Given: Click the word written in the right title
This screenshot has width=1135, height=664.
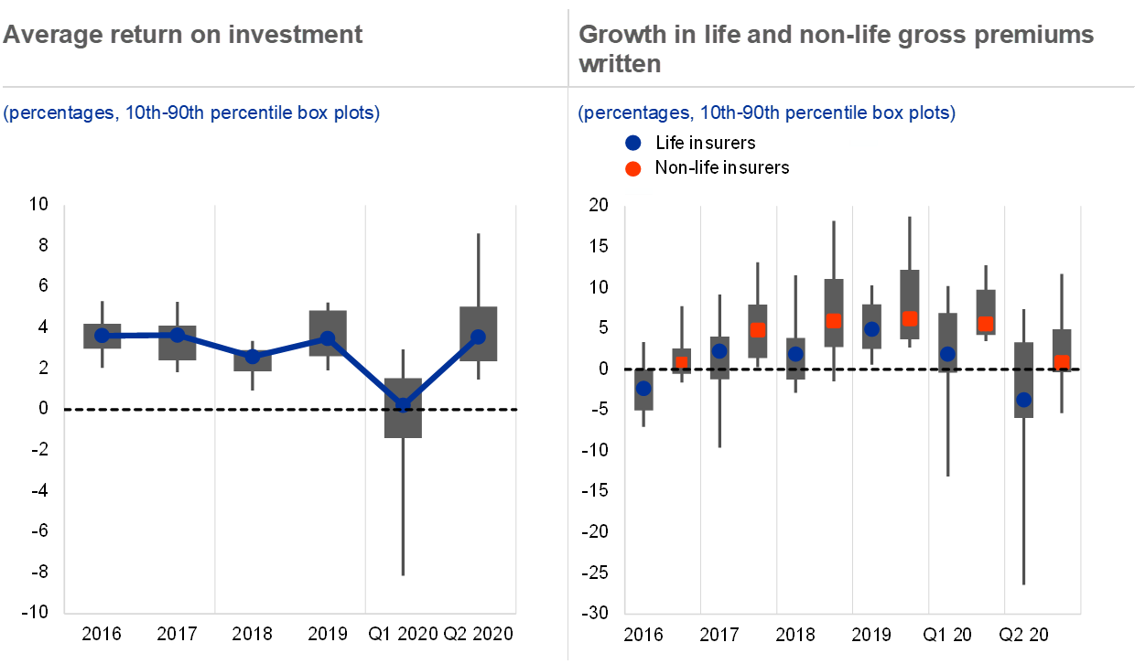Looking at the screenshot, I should point(620,64).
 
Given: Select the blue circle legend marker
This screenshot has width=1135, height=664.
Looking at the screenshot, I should point(632,143).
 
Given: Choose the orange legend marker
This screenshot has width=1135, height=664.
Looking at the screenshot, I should point(632,169).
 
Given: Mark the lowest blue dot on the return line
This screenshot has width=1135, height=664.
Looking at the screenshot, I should point(403,404).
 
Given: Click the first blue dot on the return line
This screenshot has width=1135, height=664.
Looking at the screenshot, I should point(102,336).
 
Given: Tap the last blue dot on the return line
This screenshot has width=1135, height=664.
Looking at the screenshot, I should point(478,337).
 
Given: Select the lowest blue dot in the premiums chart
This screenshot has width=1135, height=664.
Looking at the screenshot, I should point(1023,400).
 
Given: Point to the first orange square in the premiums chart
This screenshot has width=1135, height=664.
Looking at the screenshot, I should point(681,362).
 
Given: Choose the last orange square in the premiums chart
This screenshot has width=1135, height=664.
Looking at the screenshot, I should point(1061,362).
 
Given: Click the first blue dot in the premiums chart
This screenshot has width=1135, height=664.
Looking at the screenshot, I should point(643,389).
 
